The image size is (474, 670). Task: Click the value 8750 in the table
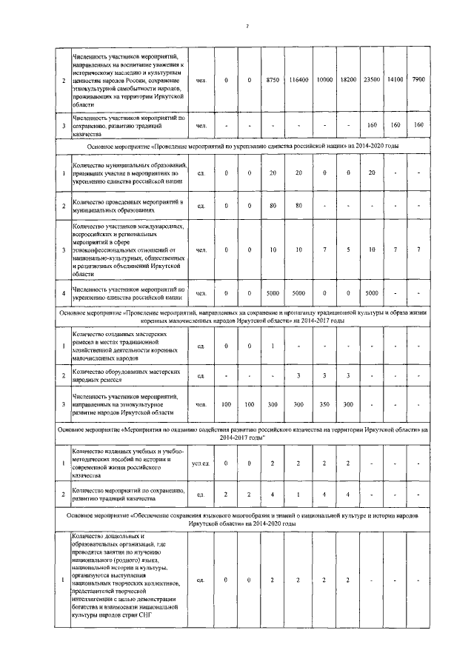click(x=273, y=79)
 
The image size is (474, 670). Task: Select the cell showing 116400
click(x=299, y=79)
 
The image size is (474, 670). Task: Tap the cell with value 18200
click(x=347, y=79)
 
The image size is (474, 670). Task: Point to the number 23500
click(x=372, y=79)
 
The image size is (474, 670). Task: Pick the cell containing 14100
click(x=395, y=79)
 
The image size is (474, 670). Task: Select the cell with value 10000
click(x=324, y=79)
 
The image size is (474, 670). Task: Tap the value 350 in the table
click(x=324, y=406)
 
